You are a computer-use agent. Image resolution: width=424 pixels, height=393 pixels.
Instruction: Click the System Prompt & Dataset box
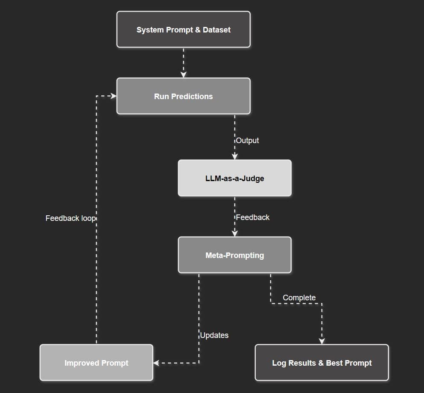tap(183, 29)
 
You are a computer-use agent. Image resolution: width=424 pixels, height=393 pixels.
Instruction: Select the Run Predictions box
tap(183, 96)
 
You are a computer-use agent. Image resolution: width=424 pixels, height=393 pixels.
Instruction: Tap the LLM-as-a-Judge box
tap(234, 178)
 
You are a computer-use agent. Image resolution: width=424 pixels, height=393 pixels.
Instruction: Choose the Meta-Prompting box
tap(234, 255)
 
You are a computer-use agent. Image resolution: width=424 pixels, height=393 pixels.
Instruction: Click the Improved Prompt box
tap(96, 363)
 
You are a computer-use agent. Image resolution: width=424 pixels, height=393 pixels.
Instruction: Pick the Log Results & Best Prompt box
tap(322, 363)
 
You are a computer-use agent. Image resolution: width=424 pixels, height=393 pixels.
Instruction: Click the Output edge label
tap(248, 141)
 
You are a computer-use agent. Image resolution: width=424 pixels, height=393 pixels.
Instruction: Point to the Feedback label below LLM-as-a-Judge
tap(253, 217)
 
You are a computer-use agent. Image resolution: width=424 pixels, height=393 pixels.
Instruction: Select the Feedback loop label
tap(70, 218)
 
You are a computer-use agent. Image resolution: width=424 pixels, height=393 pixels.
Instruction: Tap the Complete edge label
tap(299, 298)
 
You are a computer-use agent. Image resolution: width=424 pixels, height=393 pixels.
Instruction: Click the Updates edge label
tap(214, 335)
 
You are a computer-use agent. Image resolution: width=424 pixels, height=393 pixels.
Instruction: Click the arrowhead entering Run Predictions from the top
tap(183, 75)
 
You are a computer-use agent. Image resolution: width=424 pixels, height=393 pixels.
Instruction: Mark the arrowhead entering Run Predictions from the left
tap(114, 96)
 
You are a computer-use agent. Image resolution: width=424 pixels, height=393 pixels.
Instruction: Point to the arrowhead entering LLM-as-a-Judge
tap(234, 157)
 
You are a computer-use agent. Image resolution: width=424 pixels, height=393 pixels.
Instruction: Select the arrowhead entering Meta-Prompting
tap(234, 234)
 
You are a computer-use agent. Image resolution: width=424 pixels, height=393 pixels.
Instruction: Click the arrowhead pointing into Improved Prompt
tap(156, 363)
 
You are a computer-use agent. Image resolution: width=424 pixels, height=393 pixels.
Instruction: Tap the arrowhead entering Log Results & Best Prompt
tap(322, 341)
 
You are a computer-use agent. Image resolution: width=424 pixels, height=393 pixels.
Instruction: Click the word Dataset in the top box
tap(216, 30)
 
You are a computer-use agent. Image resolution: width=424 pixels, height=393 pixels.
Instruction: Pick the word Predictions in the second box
tap(192, 97)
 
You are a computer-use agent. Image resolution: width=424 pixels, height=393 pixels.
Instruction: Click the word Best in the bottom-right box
tap(334, 363)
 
